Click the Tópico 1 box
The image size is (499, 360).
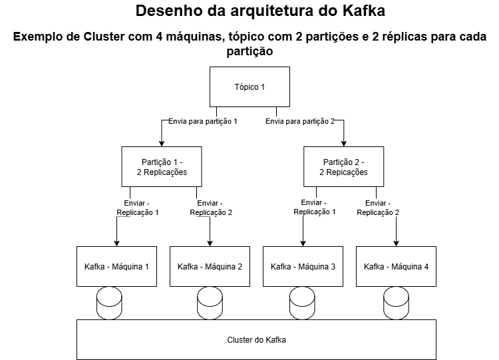pyautogui.click(x=249, y=87)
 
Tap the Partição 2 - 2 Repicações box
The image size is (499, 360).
pyautogui.click(x=343, y=167)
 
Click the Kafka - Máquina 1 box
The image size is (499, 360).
pyautogui.click(x=116, y=266)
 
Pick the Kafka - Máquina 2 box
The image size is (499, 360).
pyautogui.click(x=210, y=266)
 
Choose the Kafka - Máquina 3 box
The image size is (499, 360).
pyautogui.click(x=303, y=266)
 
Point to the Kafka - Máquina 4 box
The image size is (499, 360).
pyautogui.click(x=396, y=266)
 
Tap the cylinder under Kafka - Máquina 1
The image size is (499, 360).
pyautogui.click(x=110, y=303)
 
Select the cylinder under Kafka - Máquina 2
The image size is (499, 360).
pyautogui.click(x=210, y=303)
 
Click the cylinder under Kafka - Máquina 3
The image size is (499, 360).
pyautogui.click(x=303, y=303)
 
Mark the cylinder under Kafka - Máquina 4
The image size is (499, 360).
pyautogui.click(x=396, y=303)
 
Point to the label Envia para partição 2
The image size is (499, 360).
pyautogui.click(x=299, y=121)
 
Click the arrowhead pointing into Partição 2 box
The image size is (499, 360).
pyautogui.click(x=343, y=143)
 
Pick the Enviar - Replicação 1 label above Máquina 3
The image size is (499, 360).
pyautogui.click(x=315, y=207)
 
